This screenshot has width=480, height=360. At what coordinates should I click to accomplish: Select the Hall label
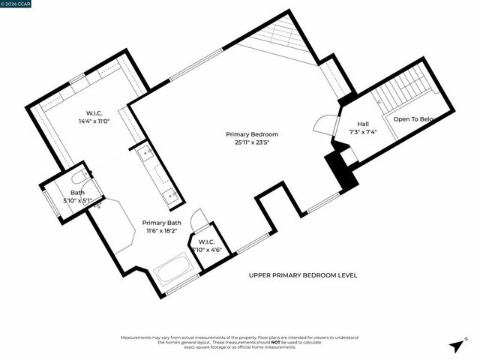pyautogui.click(x=363, y=124)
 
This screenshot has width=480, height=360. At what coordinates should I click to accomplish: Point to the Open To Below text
pyautogui.click(x=415, y=118)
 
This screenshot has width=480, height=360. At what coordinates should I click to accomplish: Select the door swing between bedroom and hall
pyautogui.click(x=325, y=124)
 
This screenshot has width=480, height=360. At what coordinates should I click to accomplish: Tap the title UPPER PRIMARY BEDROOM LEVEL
pyautogui.click(x=303, y=275)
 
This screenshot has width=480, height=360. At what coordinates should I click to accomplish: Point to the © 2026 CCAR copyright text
pyautogui.click(x=18, y=4)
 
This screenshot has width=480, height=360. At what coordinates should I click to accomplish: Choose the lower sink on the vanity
pyautogui.click(x=172, y=196)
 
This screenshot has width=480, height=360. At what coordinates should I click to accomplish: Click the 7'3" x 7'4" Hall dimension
pyautogui.click(x=363, y=132)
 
